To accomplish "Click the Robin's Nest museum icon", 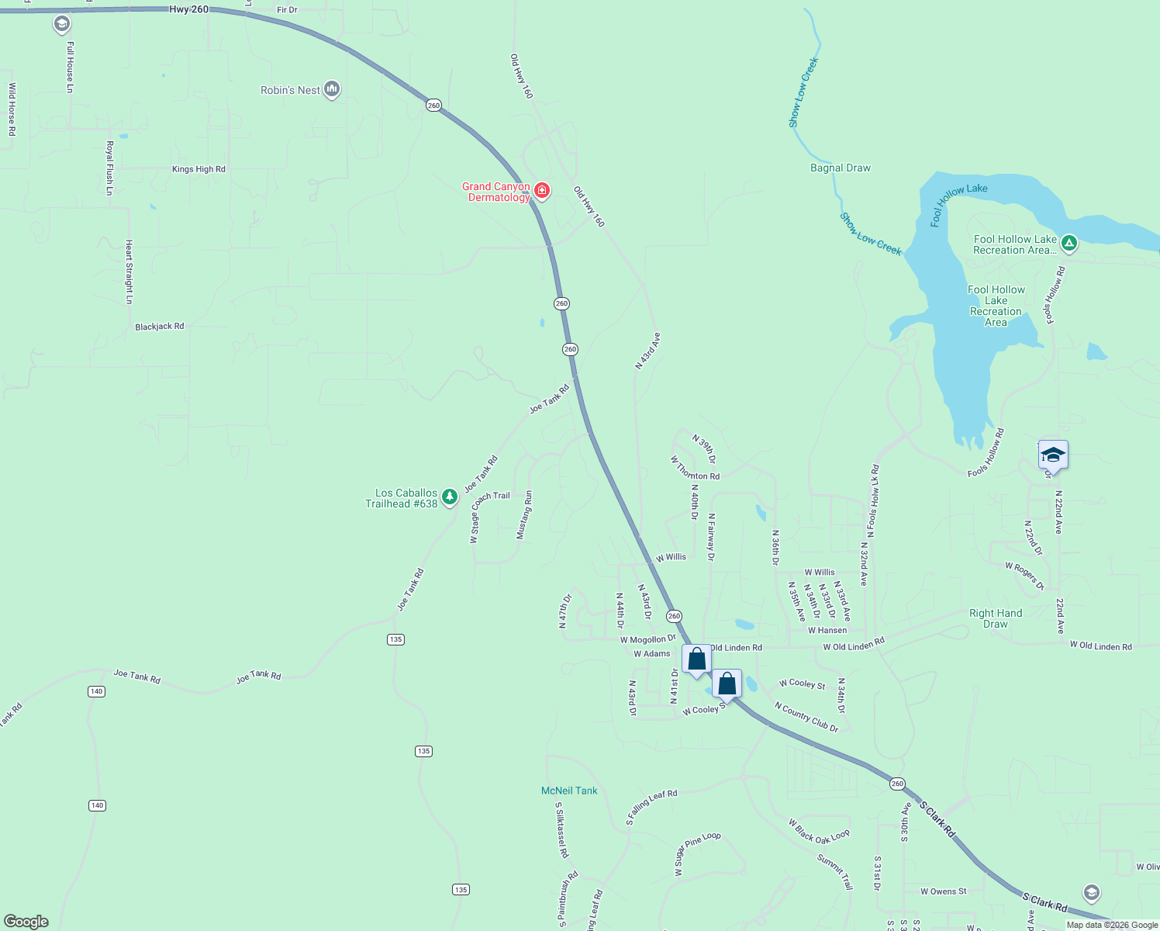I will [332, 90].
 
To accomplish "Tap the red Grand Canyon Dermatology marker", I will [542, 190].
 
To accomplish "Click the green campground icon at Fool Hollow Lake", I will [1069, 244].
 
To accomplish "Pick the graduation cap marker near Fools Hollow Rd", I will [1053, 455].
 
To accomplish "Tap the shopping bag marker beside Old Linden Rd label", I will [696, 659].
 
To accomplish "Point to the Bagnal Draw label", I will [841, 168].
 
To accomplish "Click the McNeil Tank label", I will [569, 791].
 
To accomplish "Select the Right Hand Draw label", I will [996, 618].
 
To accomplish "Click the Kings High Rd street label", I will [199, 169].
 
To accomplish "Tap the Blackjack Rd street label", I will [160, 327].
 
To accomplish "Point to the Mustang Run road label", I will [525, 514].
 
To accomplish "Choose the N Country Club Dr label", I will [806, 717].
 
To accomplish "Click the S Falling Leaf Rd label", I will [651, 807].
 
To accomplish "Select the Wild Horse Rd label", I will [12, 109].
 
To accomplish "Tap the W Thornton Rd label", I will [695, 469].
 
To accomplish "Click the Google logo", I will [26, 922].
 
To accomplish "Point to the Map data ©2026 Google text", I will [1112, 925].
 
